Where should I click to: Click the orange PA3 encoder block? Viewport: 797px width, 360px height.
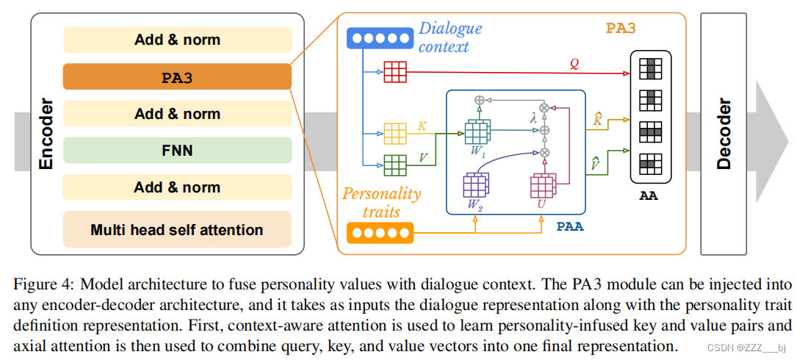click(177, 76)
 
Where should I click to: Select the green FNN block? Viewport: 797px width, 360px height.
click(177, 151)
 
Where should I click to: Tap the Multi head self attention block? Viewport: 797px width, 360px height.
click(177, 230)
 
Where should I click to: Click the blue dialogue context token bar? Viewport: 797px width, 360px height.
click(378, 38)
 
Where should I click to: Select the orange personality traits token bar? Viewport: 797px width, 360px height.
click(379, 234)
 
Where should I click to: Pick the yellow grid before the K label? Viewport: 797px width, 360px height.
click(394, 134)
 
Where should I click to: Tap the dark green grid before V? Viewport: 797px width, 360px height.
click(394, 165)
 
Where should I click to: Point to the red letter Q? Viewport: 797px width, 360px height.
click(574, 64)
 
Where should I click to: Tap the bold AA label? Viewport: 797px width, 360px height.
click(649, 195)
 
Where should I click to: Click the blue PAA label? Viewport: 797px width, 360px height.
click(569, 226)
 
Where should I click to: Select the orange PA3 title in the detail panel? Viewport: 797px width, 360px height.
click(621, 29)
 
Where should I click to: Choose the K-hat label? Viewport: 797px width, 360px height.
click(598, 119)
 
